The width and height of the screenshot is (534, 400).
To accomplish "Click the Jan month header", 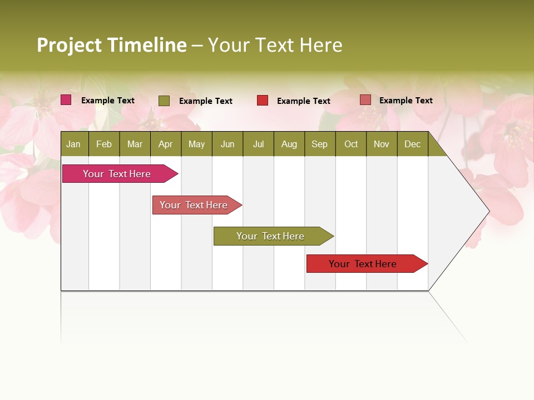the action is (73, 144).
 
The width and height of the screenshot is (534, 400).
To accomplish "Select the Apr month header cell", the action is (165, 144).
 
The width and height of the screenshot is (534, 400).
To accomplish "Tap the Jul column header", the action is (258, 144).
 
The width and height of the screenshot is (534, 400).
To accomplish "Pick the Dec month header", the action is (412, 144).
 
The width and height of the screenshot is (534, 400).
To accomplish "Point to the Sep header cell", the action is (319, 144).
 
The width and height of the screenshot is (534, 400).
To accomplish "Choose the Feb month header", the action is (104, 144).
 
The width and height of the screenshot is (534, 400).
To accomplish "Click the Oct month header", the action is (351, 144).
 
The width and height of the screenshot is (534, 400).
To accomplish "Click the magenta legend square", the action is (66, 100).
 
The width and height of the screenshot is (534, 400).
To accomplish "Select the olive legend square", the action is (164, 101).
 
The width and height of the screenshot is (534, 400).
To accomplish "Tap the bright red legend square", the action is (263, 101).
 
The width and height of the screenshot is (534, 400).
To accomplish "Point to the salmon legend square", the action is (365, 100).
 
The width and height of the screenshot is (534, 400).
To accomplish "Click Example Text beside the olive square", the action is (205, 101).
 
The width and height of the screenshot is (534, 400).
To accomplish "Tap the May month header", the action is (196, 144).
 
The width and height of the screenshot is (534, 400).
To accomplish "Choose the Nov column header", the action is (382, 144).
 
